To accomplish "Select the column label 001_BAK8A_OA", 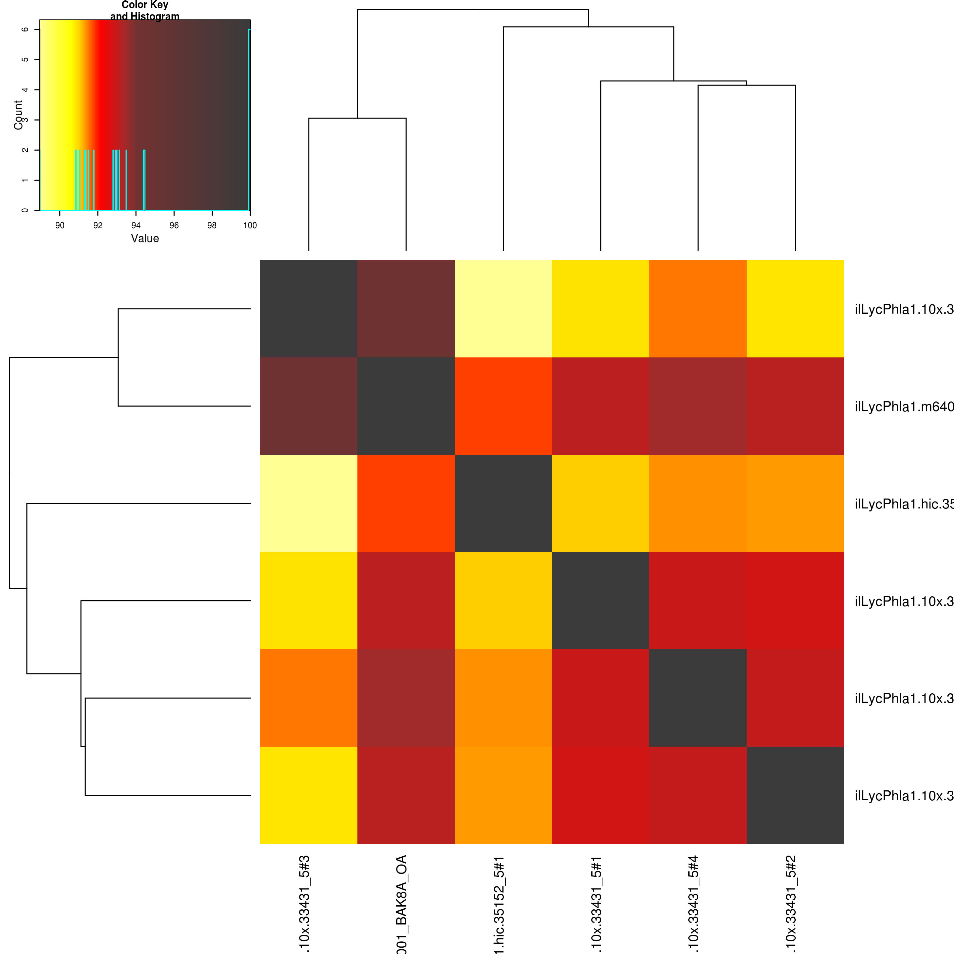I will pos(401,904).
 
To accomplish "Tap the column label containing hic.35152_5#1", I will pos(499,904).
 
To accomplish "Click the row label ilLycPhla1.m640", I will pos(904,406).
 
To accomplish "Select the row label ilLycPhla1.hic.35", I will pos(904,503).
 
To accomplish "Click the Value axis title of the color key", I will pos(145,238).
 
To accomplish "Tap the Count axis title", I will pos(18,115).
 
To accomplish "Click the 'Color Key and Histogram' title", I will pos(145,10).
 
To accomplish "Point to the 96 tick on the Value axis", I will pos(174,225).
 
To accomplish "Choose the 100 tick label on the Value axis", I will pos(250,225).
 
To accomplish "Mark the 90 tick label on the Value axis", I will pos(60,225).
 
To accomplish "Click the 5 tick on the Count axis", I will pos(25,59).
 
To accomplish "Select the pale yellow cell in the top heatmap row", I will pos(503,309).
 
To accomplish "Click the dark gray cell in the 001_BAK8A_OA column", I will pos(406,406).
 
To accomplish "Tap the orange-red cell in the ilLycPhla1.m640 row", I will pos(503,406).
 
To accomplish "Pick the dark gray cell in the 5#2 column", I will pos(795,795).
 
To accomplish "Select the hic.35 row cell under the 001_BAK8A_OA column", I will pos(406,503).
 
